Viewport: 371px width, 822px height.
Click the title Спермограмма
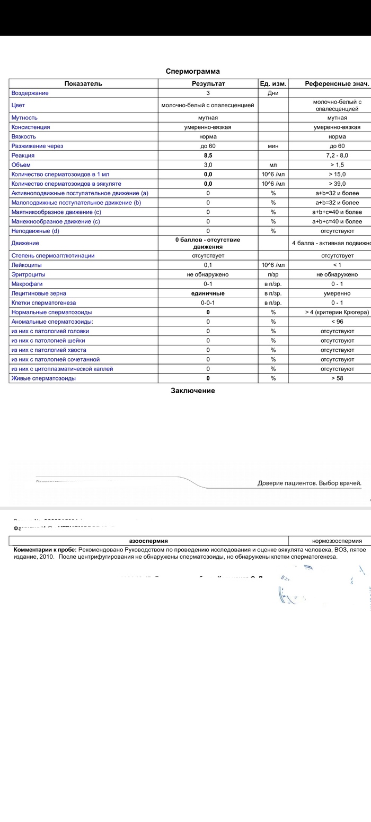coord(192,71)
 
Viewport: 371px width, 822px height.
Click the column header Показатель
coord(83,84)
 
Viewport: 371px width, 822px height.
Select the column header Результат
coord(208,84)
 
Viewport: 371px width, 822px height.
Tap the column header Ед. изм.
coord(273,84)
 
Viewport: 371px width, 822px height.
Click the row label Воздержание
coord(30,93)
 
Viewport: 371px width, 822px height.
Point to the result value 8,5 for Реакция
coord(208,155)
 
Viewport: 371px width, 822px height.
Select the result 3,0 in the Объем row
coord(208,165)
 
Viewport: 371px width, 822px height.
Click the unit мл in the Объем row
coord(273,165)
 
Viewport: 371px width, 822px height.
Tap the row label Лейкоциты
coord(26,265)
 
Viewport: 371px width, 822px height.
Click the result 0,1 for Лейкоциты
coord(208,265)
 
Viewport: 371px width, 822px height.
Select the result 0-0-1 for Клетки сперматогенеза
coord(208,303)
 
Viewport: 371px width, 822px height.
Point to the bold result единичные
coord(208,293)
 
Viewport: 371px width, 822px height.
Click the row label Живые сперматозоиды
coord(43,378)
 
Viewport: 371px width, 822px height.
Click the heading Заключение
coord(192,391)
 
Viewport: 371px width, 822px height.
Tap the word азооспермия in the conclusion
coord(148,541)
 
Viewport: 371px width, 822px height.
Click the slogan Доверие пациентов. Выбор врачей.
coord(310,483)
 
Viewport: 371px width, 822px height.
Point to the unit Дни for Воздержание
coord(273,93)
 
